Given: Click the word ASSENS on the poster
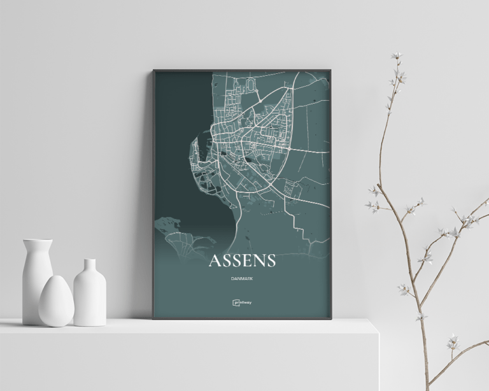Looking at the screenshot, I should pyautogui.click(x=242, y=261).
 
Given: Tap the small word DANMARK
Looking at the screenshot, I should pyautogui.click(x=242, y=278).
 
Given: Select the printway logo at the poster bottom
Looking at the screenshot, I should pyautogui.click(x=242, y=302).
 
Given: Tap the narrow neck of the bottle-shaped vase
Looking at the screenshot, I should pyautogui.click(x=89, y=265).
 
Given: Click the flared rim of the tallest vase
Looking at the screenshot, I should pyautogui.click(x=37, y=241).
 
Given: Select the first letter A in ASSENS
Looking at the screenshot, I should pyautogui.click(x=215, y=261).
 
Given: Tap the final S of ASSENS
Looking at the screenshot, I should pyautogui.click(x=270, y=261).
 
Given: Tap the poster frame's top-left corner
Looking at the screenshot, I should pyautogui.click(x=153, y=70).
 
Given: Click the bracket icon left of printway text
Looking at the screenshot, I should pyautogui.click(x=235, y=302).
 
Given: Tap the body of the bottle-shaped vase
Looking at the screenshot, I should pyautogui.click(x=89, y=296).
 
